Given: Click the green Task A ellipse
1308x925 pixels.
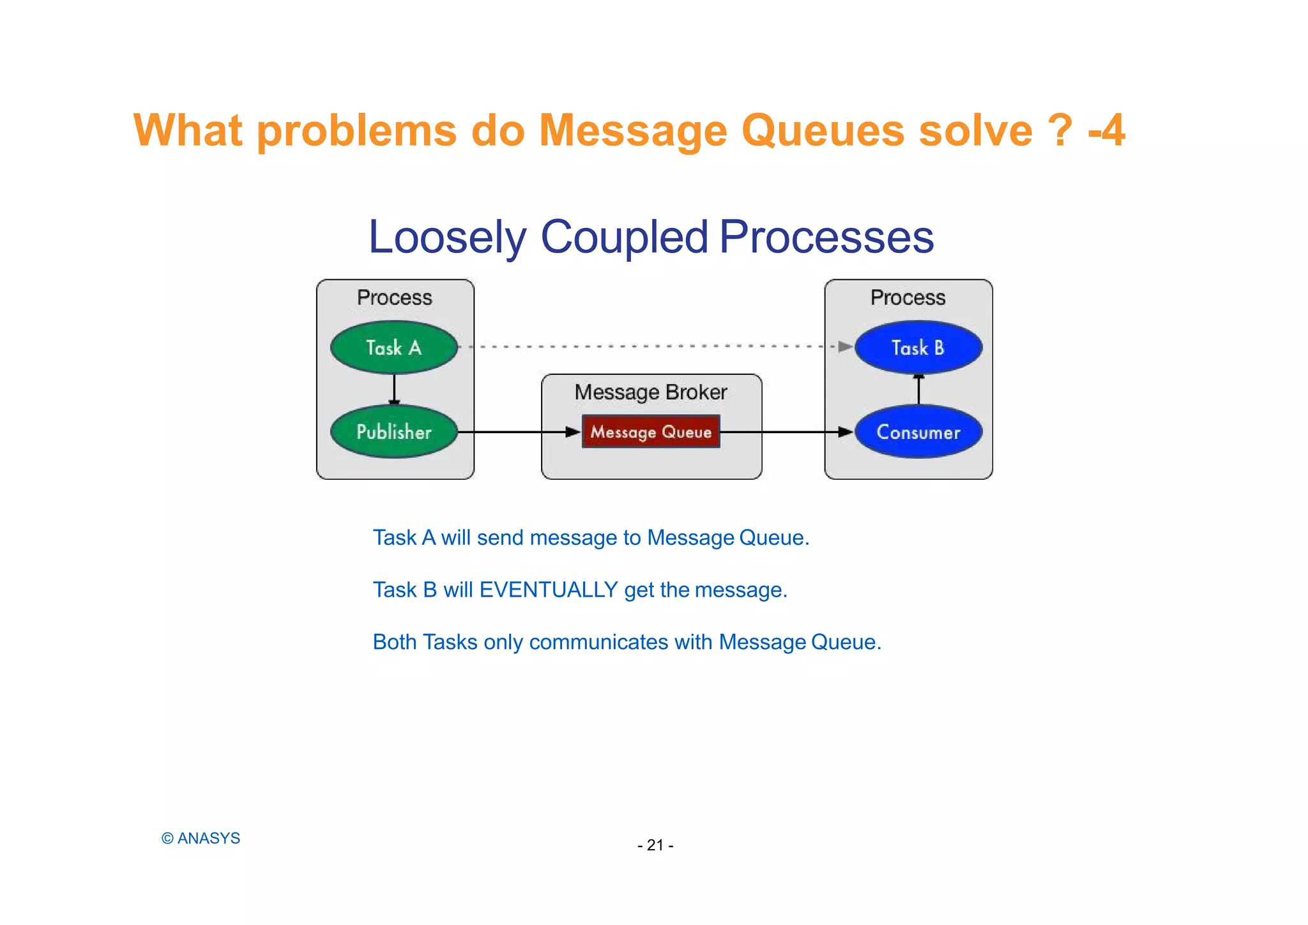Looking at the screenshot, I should pos(394,348).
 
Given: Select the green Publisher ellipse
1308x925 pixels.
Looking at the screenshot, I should pos(394,432).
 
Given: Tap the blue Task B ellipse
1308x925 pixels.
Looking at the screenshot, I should pos(918,348).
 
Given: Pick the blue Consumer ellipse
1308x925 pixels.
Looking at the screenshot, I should pos(918,432).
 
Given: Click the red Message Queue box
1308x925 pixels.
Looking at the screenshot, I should pos(651,432).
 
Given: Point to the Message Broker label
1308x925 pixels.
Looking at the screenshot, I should pos(651,392).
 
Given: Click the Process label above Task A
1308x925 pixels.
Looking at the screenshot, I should pos(394,298).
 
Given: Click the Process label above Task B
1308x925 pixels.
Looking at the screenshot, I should pos(908,298).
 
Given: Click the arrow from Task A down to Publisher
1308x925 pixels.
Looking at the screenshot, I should pos(394,388).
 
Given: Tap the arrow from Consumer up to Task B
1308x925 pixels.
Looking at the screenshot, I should pos(918,390).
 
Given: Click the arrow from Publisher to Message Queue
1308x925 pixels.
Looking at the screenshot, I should pos(517,432).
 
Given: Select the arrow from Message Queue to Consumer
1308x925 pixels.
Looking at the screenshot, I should pos(786,432).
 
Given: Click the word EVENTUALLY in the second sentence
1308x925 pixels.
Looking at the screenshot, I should pos(548,590).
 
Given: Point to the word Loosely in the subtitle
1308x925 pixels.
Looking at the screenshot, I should pos(447,237).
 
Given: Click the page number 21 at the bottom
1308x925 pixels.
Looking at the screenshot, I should pos(655,845).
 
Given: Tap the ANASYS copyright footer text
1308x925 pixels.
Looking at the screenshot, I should pos(201,838).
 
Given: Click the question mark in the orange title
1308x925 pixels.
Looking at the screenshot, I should pos(1060,130).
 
